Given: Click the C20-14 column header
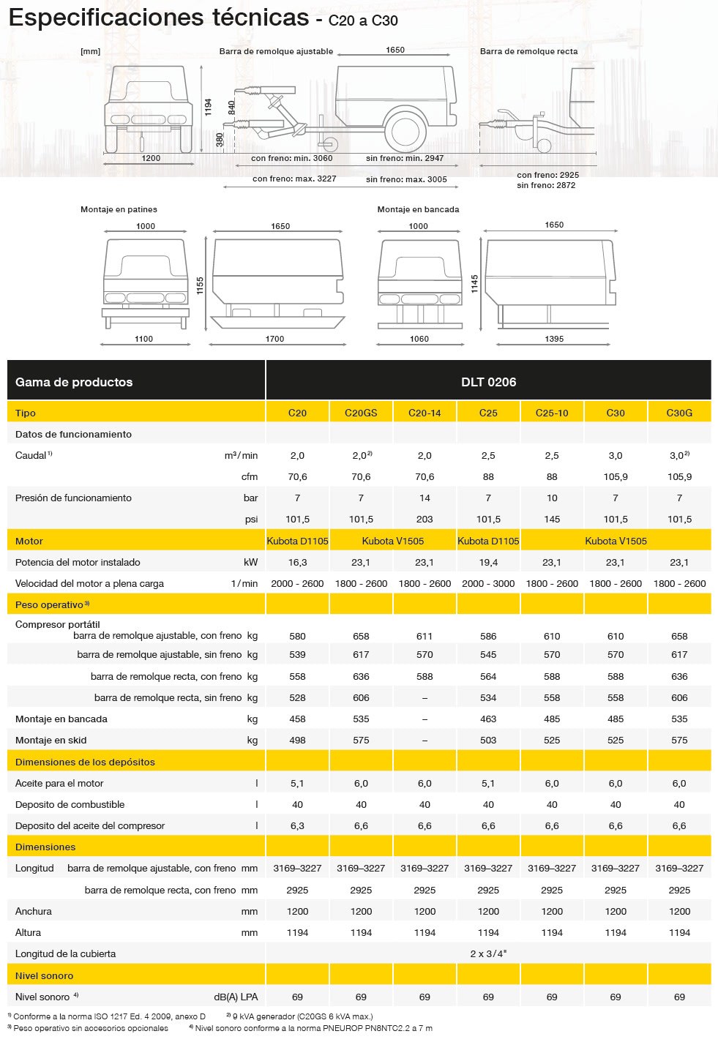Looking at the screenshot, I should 425,413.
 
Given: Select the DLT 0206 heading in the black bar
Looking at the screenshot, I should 488,381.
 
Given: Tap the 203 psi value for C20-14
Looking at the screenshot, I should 425,519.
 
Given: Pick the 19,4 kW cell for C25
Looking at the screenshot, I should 488,562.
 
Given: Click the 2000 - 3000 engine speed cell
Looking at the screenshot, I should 488,583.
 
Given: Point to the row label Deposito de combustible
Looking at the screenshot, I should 70,804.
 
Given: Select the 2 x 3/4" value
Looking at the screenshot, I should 488,953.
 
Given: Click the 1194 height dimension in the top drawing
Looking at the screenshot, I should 209,107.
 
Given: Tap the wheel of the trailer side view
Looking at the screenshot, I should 403,132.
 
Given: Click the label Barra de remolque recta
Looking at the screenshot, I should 528,51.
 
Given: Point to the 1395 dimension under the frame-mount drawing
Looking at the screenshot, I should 554,339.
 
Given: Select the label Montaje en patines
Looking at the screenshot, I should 119,209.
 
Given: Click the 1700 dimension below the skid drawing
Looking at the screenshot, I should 274,339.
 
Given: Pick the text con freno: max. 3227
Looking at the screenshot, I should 294,179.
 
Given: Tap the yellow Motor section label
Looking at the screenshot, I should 29,541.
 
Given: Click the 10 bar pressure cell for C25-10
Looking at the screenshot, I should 552,498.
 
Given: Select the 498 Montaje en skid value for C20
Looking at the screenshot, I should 297,740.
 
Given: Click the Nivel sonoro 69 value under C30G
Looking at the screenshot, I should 679,997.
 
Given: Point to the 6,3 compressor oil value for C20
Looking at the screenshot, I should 297,825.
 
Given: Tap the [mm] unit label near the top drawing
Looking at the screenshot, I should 91,51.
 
